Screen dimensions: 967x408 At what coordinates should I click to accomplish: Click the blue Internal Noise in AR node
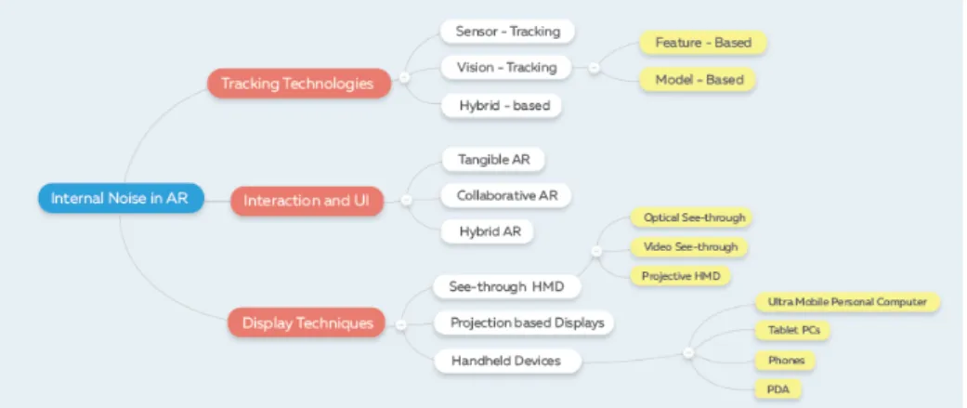click(x=121, y=198)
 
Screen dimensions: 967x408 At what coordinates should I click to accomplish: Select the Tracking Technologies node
click(x=298, y=84)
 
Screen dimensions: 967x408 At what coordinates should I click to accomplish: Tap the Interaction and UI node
click(x=307, y=201)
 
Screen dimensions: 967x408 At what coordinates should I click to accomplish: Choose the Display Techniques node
click(x=307, y=322)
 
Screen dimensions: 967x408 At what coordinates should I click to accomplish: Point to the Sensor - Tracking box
click(x=507, y=32)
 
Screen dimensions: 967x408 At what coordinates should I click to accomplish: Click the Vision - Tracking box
click(x=507, y=67)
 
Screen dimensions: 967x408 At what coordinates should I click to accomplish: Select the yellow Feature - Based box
click(x=703, y=43)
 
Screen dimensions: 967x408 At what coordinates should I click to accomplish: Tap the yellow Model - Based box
click(x=699, y=80)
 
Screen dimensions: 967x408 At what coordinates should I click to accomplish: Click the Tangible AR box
click(x=494, y=160)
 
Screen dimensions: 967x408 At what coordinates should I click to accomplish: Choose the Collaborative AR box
click(x=507, y=196)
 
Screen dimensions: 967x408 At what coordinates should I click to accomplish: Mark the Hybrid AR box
click(x=488, y=232)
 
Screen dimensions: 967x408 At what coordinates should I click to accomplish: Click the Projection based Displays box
click(x=524, y=322)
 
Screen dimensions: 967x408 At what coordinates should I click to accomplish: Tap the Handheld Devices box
click(x=507, y=362)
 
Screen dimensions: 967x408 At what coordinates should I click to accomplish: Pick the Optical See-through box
click(x=691, y=217)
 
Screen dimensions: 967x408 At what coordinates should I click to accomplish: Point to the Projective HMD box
click(x=680, y=276)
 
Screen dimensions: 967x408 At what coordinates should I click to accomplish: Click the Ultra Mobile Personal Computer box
click(x=848, y=302)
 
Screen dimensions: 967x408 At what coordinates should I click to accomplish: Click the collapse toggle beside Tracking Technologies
click(x=405, y=77)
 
